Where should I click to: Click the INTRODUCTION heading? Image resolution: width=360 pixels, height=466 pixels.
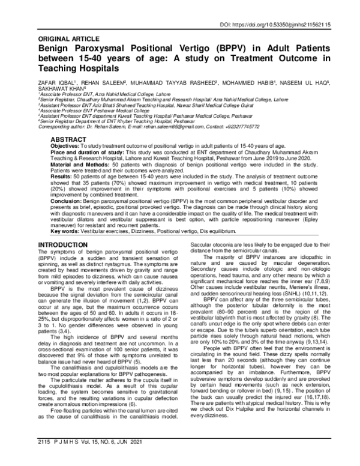67,244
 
